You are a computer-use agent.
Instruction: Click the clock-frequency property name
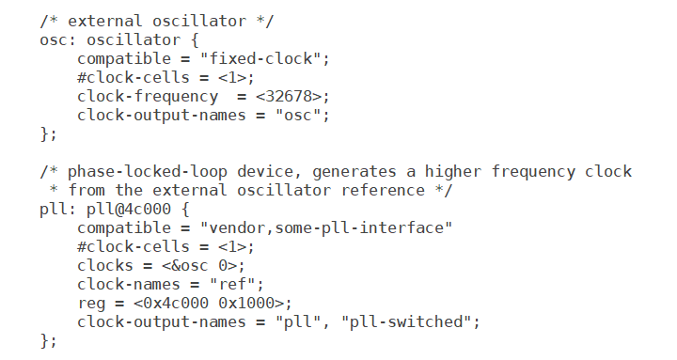tap(147, 96)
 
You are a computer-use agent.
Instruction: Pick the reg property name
tap(90, 303)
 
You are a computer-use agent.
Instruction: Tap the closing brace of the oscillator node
tap(44, 133)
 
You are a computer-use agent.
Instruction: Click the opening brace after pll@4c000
tap(186, 209)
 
